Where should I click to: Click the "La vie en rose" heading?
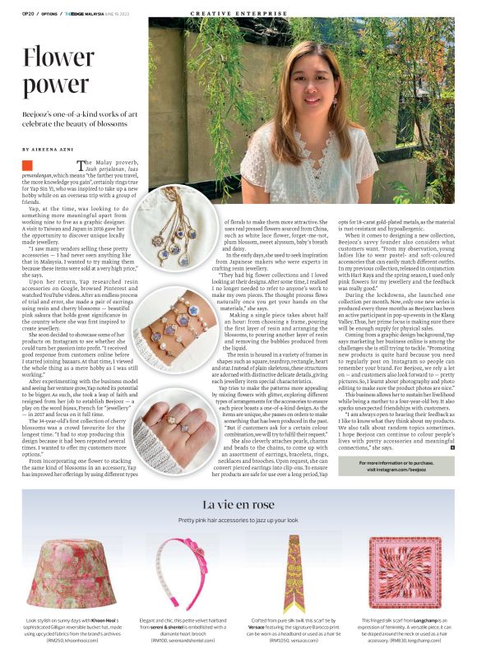[238, 503]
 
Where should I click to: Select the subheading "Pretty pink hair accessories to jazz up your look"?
[238, 521]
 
